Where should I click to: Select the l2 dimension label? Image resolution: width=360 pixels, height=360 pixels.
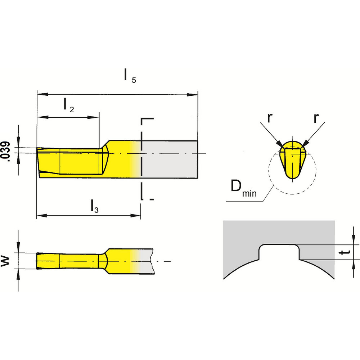point(68,105)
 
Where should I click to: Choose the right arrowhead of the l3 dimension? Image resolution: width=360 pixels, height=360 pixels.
point(136,216)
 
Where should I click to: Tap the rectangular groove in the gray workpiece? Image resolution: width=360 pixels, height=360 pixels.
point(279,251)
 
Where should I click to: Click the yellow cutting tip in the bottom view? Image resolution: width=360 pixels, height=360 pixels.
point(47,260)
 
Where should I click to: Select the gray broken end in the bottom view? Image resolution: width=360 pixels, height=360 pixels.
point(148,261)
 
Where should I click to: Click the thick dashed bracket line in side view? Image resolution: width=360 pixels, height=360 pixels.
point(142,158)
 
